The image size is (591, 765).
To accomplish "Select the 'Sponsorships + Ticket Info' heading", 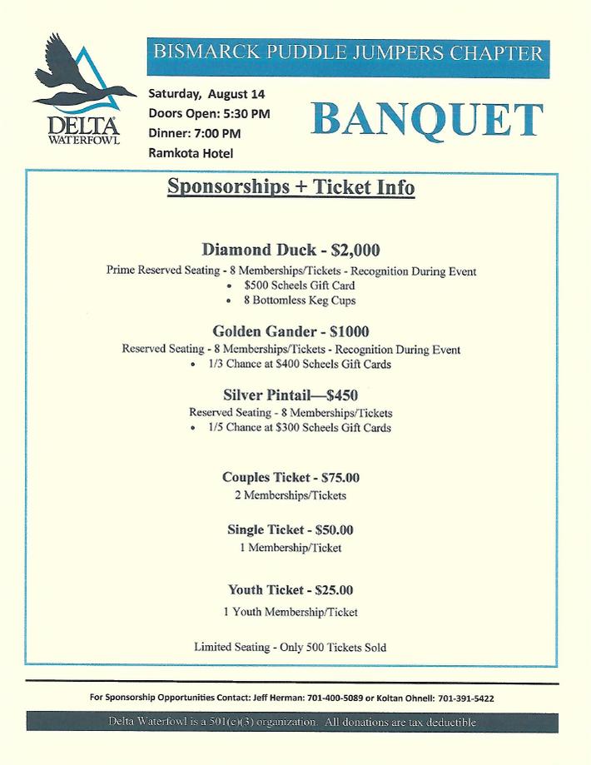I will (x=291, y=186).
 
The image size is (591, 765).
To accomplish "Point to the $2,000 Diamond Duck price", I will (x=355, y=250).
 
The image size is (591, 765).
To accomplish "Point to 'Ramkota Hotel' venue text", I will (x=191, y=152).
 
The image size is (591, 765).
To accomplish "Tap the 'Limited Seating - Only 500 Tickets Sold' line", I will (x=291, y=647).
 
